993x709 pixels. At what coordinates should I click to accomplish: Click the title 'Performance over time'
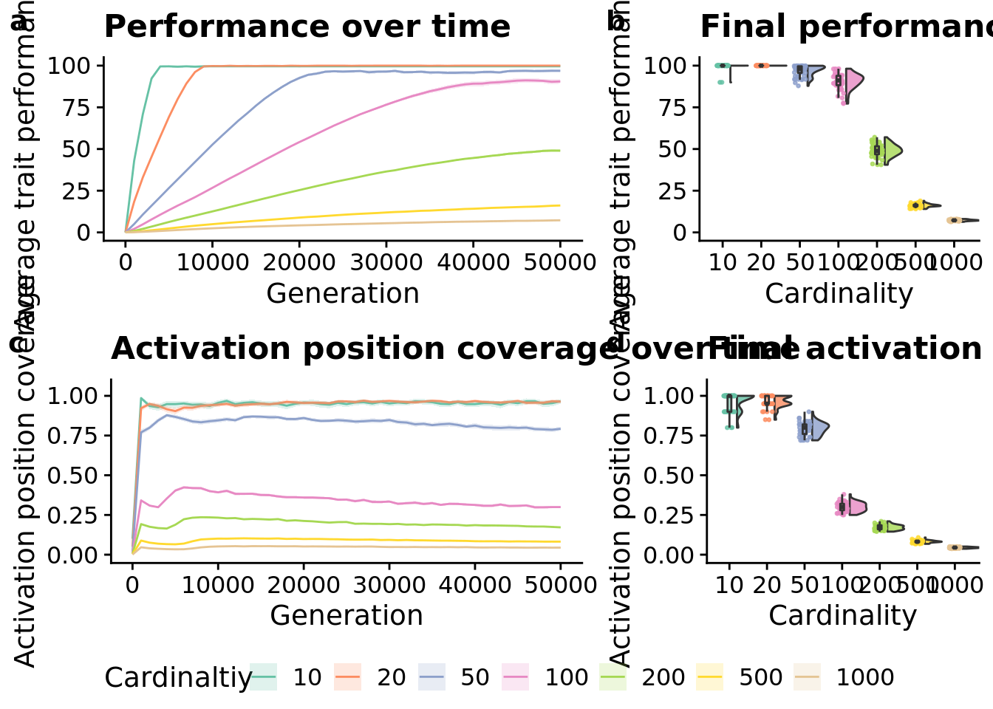(x=307, y=27)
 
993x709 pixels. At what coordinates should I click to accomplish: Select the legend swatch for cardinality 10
(x=264, y=677)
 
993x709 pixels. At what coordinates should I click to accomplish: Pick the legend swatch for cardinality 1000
(x=808, y=677)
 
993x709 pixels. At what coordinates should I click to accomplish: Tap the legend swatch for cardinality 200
(x=612, y=677)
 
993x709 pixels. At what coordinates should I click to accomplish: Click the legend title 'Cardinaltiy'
(x=177, y=677)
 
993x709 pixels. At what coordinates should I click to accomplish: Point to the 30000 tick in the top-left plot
(x=386, y=262)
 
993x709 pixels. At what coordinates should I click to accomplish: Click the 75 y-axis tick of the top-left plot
(x=70, y=108)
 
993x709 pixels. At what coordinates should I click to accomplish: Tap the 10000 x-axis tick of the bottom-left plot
(x=217, y=585)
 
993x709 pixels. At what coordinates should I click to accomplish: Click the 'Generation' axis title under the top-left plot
(x=343, y=294)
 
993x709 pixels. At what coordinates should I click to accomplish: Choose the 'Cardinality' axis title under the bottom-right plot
(x=842, y=616)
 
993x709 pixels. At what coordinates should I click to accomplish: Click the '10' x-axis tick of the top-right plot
(x=723, y=262)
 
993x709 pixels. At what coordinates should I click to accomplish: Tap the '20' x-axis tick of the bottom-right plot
(x=767, y=585)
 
